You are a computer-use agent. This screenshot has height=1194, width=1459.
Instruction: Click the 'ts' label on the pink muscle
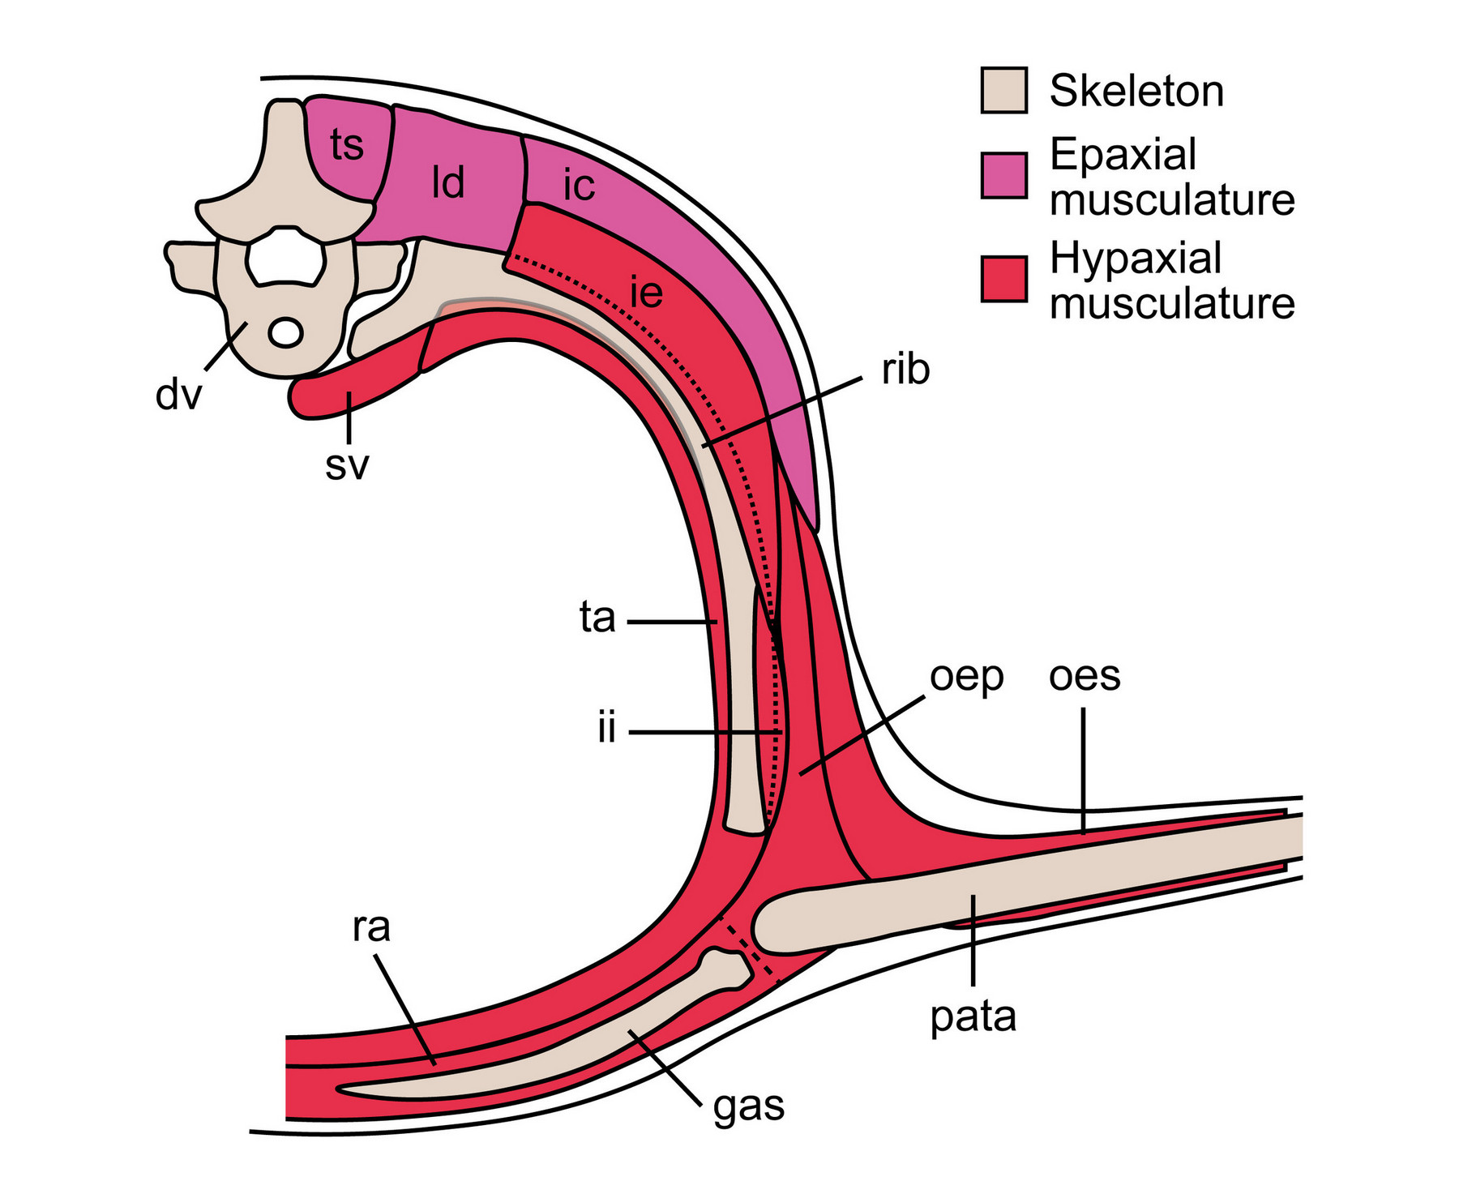tap(347, 147)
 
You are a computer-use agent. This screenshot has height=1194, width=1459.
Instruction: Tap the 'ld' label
tap(448, 183)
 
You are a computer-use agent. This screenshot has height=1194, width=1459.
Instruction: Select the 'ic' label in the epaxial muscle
tap(579, 186)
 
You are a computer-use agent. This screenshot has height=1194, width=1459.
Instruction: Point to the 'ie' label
tap(647, 292)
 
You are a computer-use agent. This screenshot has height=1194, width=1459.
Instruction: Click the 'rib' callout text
tap(905, 370)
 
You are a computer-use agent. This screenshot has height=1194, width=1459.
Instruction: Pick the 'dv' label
tap(178, 395)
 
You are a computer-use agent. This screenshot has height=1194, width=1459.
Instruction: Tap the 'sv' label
tap(347, 465)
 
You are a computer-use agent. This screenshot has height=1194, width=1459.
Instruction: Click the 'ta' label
tap(597, 618)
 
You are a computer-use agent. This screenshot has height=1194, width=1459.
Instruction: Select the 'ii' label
tap(607, 729)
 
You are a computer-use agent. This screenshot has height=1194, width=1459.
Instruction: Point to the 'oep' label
tap(966, 677)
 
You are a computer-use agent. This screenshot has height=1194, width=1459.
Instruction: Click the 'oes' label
tap(1084, 675)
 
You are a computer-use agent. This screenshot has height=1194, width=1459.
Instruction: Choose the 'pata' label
tap(973, 1016)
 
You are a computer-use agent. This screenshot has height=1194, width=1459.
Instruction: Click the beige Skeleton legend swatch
tap(1003, 90)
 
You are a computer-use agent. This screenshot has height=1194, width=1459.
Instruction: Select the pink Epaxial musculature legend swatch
tap(1003, 175)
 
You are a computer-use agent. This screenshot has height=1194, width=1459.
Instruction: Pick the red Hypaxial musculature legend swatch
tap(1003, 279)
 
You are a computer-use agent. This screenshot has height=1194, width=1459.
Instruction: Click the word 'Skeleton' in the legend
tap(1136, 91)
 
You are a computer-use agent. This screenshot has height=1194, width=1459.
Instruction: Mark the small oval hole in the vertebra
tap(285, 332)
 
